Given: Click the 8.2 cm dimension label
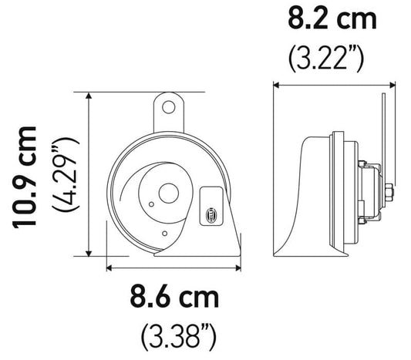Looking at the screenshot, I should click(x=332, y=17).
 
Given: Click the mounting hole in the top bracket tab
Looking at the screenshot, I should click(x=170, y=105).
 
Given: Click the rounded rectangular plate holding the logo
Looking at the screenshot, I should click(x=210, y=209).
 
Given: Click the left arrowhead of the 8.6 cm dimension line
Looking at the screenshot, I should click(x=109, y=267).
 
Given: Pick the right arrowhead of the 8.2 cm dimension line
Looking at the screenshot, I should click(x=393, y=83).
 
